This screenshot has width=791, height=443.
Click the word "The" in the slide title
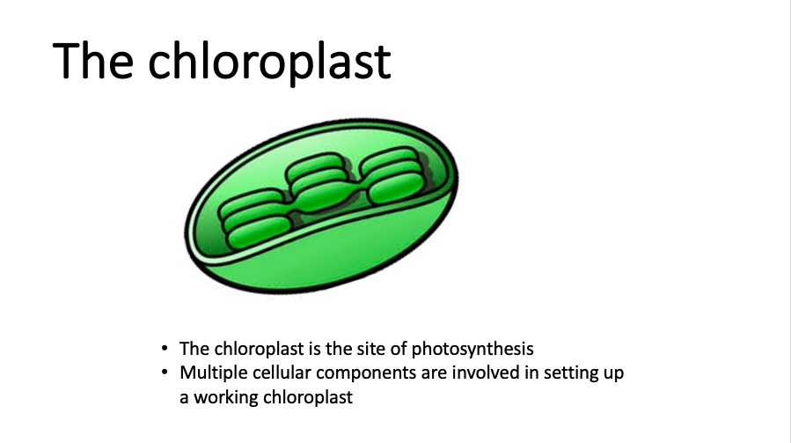pos(92,61)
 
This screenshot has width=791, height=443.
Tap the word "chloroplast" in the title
pos(269,63)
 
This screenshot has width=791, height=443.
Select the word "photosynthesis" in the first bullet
pos(472,350)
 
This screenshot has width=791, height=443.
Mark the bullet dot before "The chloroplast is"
pos(165,348)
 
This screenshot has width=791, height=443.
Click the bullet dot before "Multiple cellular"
pos(165,373)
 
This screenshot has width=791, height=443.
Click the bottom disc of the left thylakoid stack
pos(259,233)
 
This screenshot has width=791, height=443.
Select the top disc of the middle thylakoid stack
pos(315,166)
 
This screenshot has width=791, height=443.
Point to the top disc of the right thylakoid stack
pos(389,159)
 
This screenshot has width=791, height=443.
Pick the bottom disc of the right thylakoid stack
pos(396,188)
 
